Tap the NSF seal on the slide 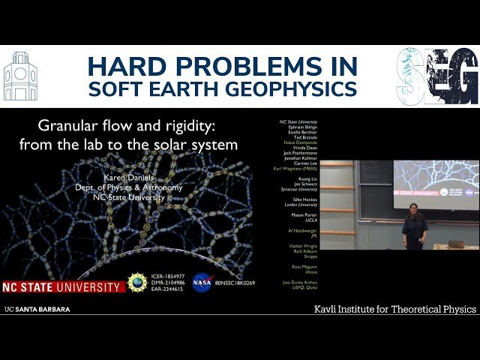coord(137,283)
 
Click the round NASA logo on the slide coord(201,283)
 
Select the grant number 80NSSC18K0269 coord(235,283)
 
